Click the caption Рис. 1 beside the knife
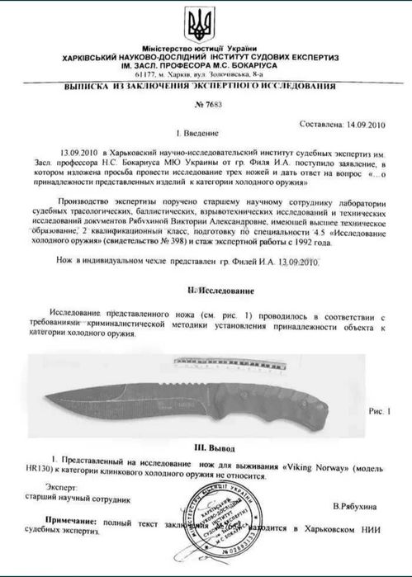point(377,409)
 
